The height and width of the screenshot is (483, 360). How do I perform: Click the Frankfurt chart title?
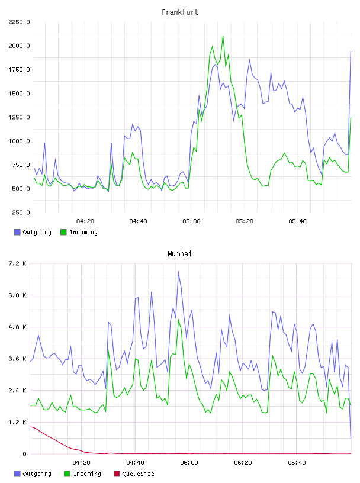180,12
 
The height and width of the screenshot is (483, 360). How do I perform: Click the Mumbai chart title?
179,254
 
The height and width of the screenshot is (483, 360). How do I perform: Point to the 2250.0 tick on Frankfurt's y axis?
19,22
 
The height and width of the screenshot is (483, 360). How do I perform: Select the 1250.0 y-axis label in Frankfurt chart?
19,117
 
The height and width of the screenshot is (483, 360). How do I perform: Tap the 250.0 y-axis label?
21,212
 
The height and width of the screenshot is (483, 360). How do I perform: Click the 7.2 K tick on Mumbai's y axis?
18,263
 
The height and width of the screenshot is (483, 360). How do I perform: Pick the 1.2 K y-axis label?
18,422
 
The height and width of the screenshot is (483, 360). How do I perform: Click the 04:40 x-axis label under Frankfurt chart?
138,221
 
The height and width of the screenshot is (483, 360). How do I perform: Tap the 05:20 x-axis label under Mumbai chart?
243,463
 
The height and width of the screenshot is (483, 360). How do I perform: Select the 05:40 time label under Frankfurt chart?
297,221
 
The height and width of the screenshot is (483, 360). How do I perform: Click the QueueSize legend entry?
134,474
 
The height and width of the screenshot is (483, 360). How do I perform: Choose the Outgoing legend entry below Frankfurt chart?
33,232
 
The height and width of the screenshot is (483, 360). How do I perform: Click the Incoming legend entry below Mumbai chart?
82,474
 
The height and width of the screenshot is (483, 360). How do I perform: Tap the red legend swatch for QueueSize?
117,474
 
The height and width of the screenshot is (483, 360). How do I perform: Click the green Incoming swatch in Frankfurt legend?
63,232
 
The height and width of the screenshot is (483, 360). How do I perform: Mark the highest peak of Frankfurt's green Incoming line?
223,36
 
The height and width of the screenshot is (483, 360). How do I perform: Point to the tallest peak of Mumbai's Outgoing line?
178,272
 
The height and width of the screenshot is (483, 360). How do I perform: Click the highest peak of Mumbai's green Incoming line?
178,320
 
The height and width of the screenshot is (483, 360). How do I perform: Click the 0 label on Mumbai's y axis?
24,454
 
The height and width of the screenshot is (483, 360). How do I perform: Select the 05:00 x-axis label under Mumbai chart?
189,463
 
